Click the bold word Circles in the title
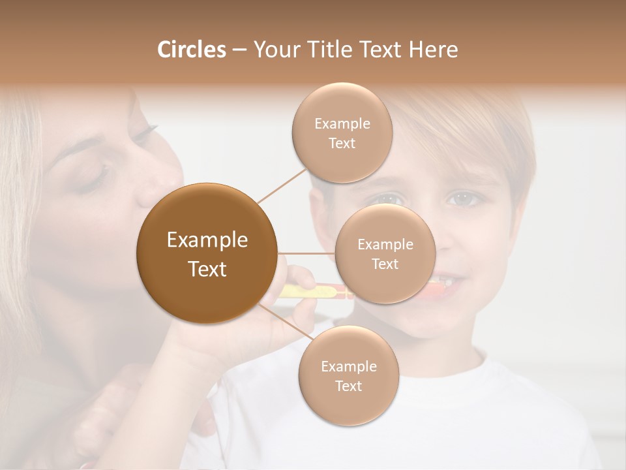191,50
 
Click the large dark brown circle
207,253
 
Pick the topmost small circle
342,133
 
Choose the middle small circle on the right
385,253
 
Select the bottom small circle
348,375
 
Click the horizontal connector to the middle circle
306,253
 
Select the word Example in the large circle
207,240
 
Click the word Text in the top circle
342,143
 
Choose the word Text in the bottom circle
348,386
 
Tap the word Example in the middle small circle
385,245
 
